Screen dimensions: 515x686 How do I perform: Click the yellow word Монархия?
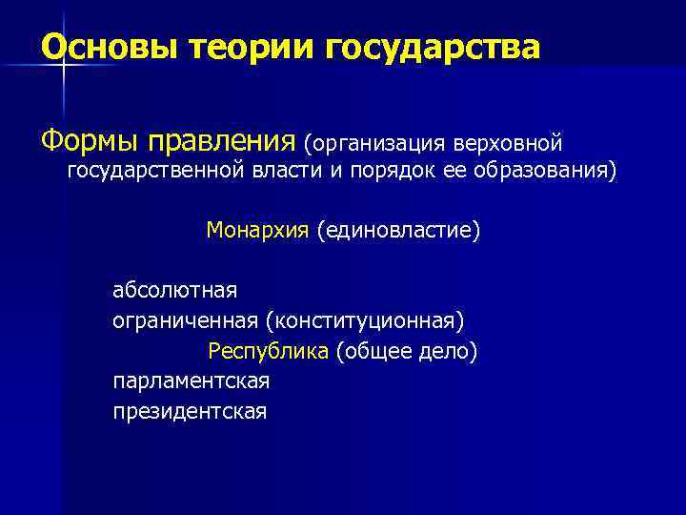pyautogui.click(x=258, y=230)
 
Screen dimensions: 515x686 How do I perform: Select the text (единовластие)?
pyautogui.click(x=399, y=230)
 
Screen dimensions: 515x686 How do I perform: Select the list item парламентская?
pyautogui.click(x=191, y=381)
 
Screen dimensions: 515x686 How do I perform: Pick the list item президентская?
pyautogui.click(x=190, y=411)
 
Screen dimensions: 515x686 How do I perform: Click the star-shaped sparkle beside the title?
pyautogui.click(x=64, y=63)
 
